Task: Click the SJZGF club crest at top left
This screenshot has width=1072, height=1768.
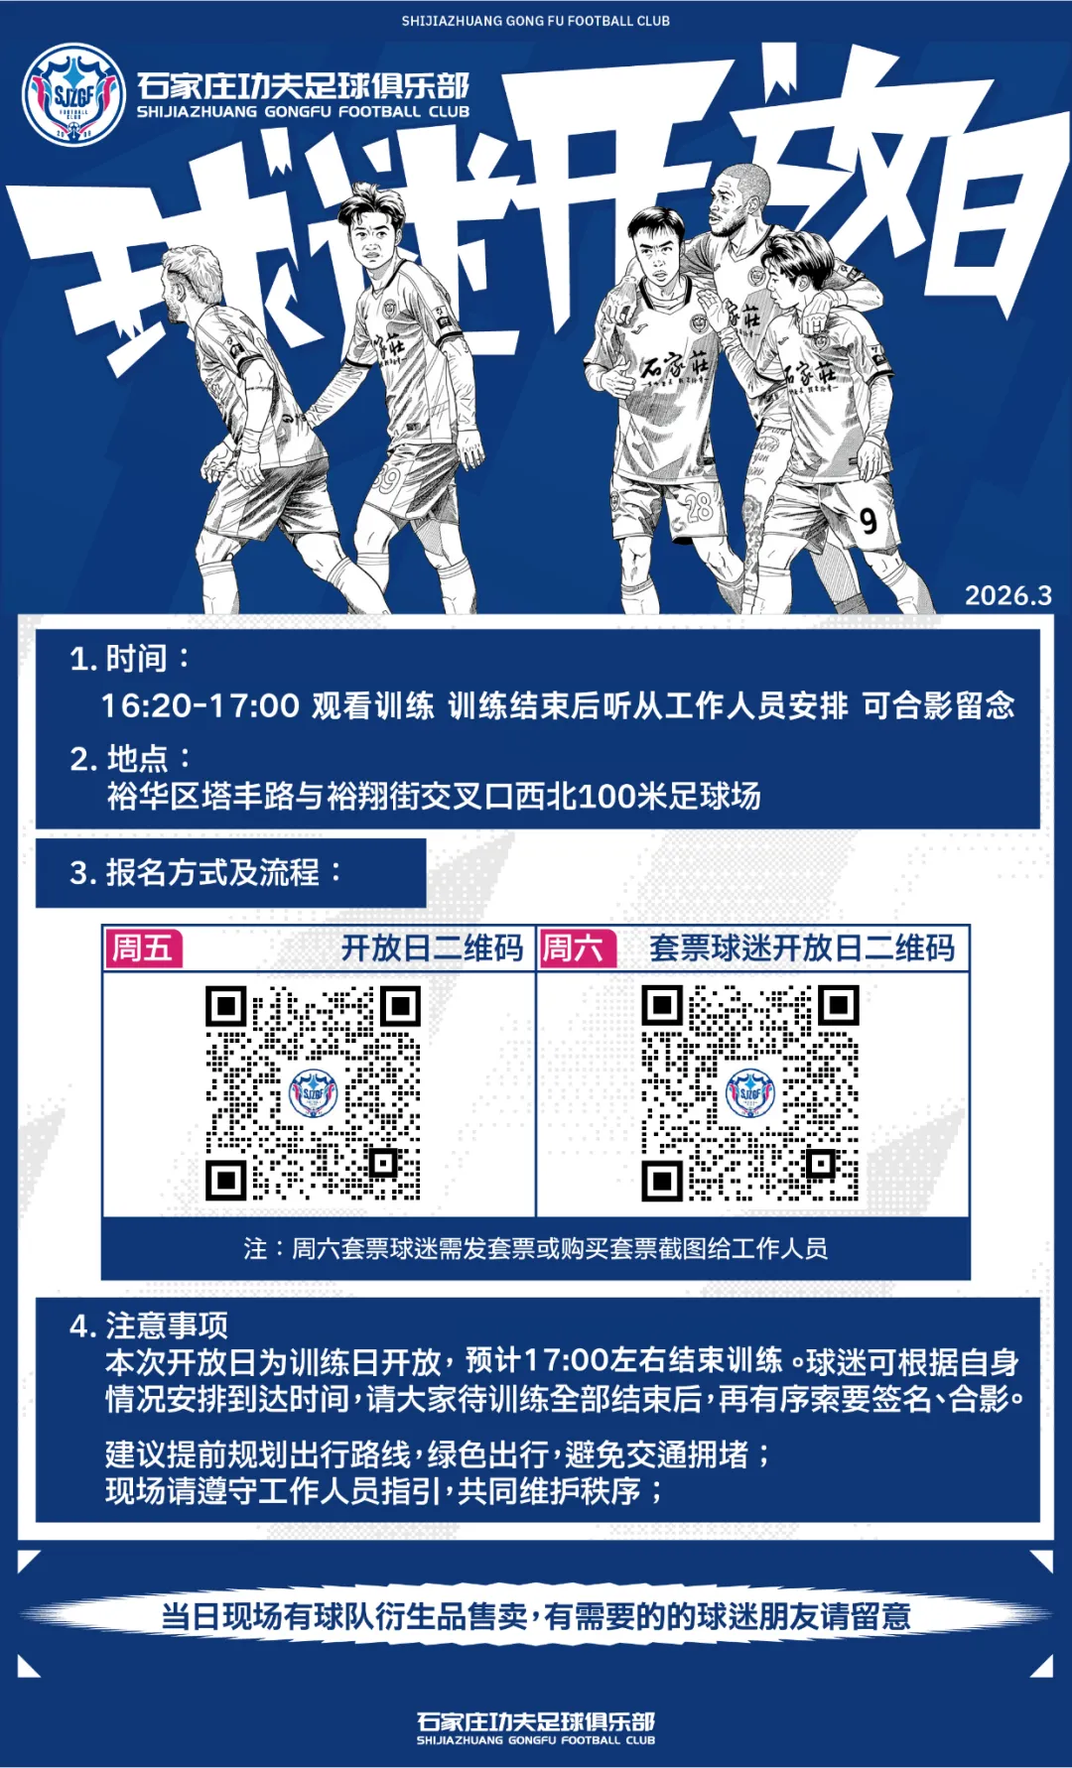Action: [x=73, y=95]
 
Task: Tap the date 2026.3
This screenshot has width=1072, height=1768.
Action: [x=1007, y=595]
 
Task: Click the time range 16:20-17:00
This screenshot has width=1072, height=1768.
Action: [x=200, y=705]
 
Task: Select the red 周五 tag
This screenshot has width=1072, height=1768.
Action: [x=144, y=948]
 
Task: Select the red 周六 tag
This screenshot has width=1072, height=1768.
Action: [x=575, y=948]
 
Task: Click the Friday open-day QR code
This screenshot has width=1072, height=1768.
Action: [x=313, y=1093]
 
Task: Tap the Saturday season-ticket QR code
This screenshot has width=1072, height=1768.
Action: [x=749, y=1093]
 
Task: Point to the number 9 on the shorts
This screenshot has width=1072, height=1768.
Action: [x=869, y=521]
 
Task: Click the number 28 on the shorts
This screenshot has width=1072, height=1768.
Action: [x=699, y=507]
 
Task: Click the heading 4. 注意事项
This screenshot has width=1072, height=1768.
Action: [x=149, y=1325]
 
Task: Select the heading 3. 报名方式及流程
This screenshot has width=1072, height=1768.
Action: [x=204, y=873]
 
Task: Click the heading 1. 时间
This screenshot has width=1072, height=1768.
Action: [x=129, y=659]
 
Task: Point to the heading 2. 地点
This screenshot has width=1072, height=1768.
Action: [x=130, y=759]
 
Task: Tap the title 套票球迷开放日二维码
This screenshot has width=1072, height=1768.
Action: [x=802, y=948]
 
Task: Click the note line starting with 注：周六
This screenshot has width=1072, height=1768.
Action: [x=535, y=1248]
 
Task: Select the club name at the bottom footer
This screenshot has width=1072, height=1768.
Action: [x=535, y=1726]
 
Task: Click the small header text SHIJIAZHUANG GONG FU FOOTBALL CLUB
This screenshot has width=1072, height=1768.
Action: [x=535, y=21]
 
